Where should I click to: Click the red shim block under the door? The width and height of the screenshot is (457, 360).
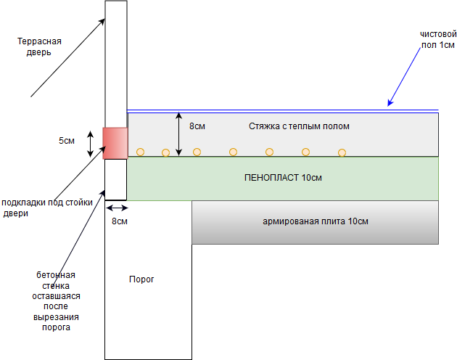(x=115, y=143)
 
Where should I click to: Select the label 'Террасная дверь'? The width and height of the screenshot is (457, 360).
(x=39, y=46)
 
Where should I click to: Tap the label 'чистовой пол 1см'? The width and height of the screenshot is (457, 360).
(x=437, y=39)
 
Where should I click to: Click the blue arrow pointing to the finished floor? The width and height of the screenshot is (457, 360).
(x=412, y=71)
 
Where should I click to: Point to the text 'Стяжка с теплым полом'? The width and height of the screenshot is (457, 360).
(x=299, y=126)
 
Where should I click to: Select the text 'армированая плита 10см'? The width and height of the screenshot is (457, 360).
(x=316, y=221)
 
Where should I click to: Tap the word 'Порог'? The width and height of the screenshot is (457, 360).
(x=141, y=279)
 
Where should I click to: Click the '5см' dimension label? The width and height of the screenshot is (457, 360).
(x=67, y=140)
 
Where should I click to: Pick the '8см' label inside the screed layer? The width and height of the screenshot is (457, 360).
(x=197, y=126)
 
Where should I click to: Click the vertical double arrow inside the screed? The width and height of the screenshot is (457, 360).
(x=179, y=134)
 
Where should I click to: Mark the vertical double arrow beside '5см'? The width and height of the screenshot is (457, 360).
(x=90, y=143)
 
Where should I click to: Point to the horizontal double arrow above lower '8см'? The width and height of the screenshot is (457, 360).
(x=116, y=207)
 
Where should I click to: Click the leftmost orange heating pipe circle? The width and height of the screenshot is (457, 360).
(x=141, y=152)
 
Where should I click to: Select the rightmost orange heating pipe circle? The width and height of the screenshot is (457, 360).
(x=342, y=152)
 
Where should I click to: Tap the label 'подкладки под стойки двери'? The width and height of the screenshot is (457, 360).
(x=47, y=208)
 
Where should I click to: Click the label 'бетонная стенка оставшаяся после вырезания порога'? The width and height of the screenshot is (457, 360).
(x=56, y=301)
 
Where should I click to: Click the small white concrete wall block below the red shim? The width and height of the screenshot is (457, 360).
(x=116, y=179)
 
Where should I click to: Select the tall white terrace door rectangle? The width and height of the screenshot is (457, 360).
(x=116, y=63)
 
